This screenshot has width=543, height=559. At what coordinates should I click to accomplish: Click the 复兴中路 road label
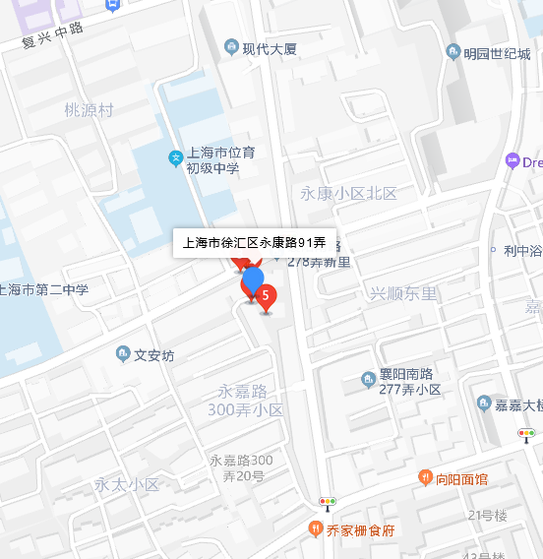53,35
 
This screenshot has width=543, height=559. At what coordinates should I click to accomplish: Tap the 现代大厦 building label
270,48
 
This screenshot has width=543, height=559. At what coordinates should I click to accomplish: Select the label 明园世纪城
497,52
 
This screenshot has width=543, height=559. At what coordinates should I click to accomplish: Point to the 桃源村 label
89,110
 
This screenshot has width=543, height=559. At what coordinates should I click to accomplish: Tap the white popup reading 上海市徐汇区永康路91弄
255,241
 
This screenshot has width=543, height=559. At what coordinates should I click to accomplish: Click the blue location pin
253,280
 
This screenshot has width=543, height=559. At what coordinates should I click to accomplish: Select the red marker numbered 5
265,294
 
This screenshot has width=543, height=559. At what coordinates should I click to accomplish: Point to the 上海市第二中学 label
44,289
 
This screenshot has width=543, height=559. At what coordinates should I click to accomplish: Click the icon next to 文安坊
123,354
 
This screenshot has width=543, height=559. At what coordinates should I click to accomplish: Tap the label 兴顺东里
402,293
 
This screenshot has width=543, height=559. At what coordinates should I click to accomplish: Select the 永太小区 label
127,484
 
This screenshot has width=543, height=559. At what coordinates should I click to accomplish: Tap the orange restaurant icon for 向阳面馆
426,478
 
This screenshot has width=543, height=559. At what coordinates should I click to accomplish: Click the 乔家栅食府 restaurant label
360,529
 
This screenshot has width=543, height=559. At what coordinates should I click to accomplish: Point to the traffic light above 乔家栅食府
327,502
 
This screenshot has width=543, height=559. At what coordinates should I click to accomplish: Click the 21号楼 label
487,515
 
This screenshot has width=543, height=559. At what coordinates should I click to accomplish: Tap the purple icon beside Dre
512,160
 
